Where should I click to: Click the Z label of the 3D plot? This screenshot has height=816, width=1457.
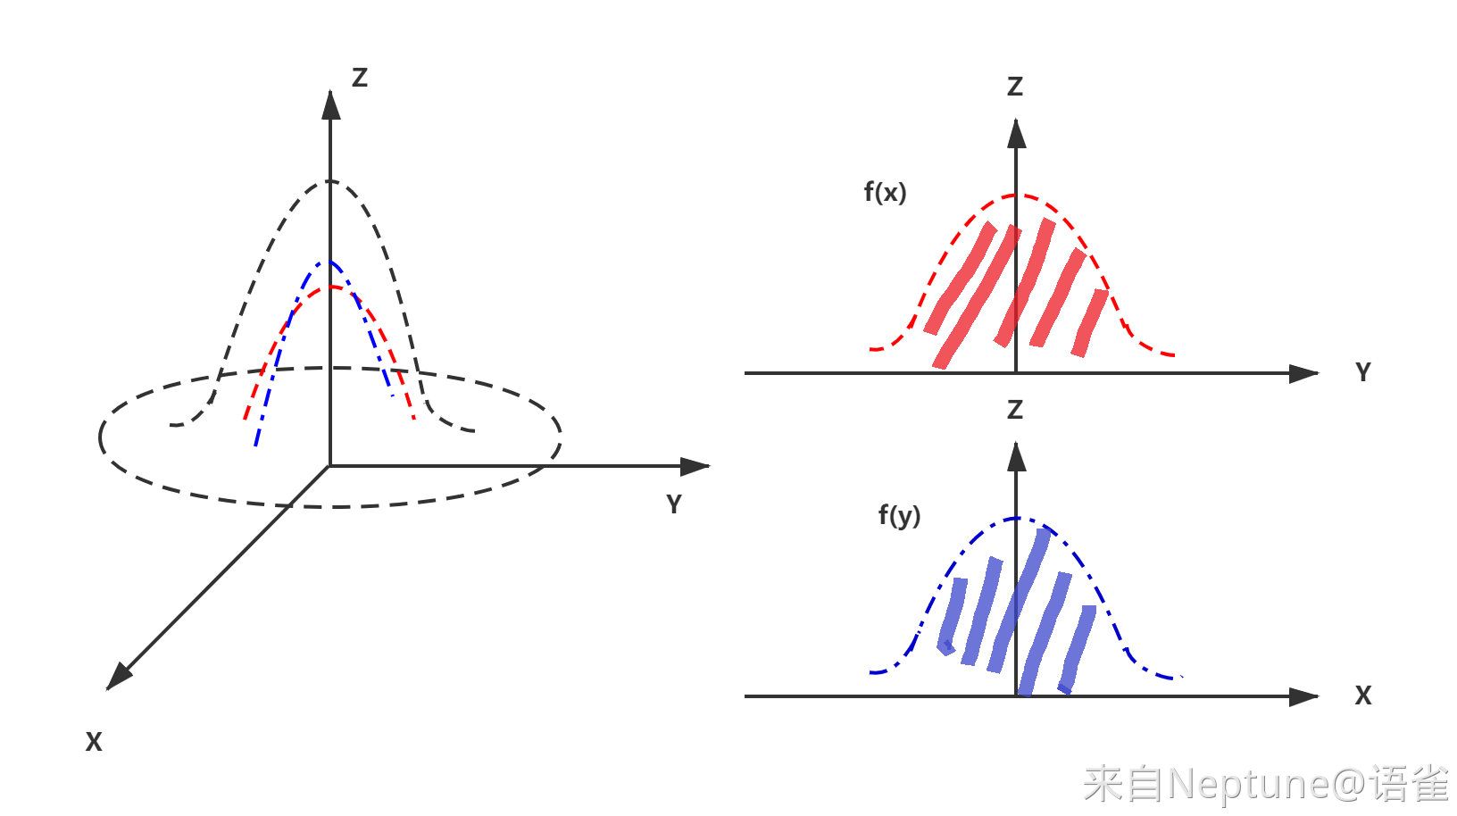pos(360,78)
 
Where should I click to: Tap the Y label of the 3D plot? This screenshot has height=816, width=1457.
pos(675,504)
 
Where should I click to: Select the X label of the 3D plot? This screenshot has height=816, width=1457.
pos(94,741)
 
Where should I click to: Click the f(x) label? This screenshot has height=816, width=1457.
pos(885,193)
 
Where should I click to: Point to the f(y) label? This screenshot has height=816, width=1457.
pos(900,516)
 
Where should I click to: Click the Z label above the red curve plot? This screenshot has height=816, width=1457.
pos(1015,87)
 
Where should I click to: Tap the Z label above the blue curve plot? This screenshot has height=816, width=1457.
pos(1015,410)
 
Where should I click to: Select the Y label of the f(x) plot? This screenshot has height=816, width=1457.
pos(1363,372)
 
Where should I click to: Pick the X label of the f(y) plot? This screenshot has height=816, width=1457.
pos(1363,695)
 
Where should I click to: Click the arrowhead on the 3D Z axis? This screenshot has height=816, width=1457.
pos(330,105)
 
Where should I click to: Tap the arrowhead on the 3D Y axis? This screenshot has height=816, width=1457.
pos(695,466)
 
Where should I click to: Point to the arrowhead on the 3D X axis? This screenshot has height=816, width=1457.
pos(119,676)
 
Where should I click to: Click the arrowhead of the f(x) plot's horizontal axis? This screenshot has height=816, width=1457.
pos(1303,374)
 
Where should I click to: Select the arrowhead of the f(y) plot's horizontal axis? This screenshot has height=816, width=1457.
pos(1303,697)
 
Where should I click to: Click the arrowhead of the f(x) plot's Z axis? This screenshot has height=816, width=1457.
pos(1016,133)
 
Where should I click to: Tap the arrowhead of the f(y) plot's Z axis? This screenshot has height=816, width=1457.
pos(1016,456)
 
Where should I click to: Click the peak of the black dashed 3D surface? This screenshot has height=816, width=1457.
pos(329,181)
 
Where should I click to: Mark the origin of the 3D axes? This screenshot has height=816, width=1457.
pos(329,466)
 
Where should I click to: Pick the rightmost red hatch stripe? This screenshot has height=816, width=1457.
pos(1089,323)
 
